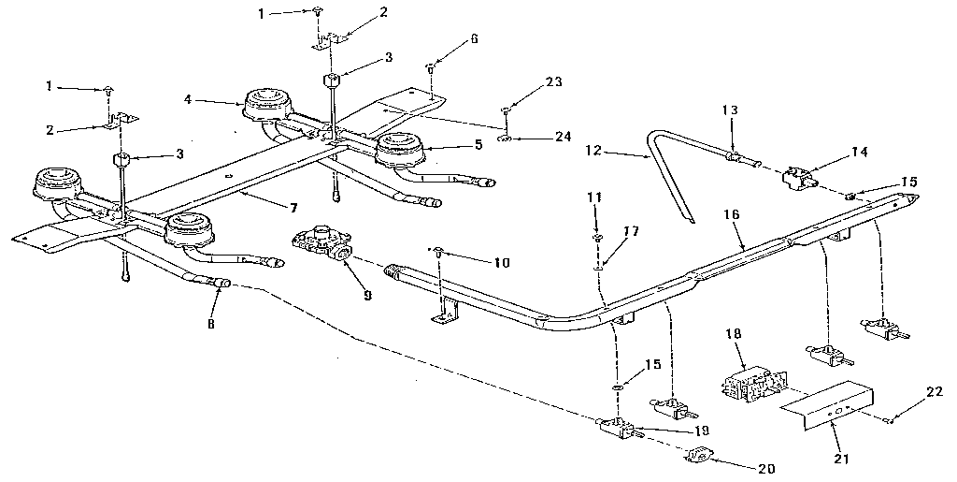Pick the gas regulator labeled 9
[322, 244]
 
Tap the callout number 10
[501, 263]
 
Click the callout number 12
[591, 151]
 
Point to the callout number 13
[729, 110]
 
